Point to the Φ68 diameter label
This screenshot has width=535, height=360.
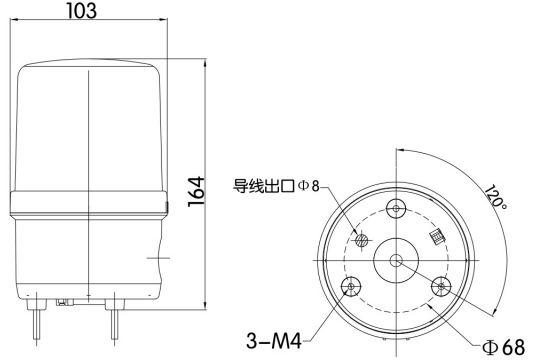[504, 347]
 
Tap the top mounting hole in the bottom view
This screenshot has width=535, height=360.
[397, 209]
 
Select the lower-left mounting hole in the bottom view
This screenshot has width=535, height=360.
[351, 288]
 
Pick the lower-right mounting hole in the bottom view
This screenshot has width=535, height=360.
[442, 288]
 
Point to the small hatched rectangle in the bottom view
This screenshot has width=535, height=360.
[436, 237]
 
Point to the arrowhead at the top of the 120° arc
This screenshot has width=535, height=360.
[399, 149]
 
